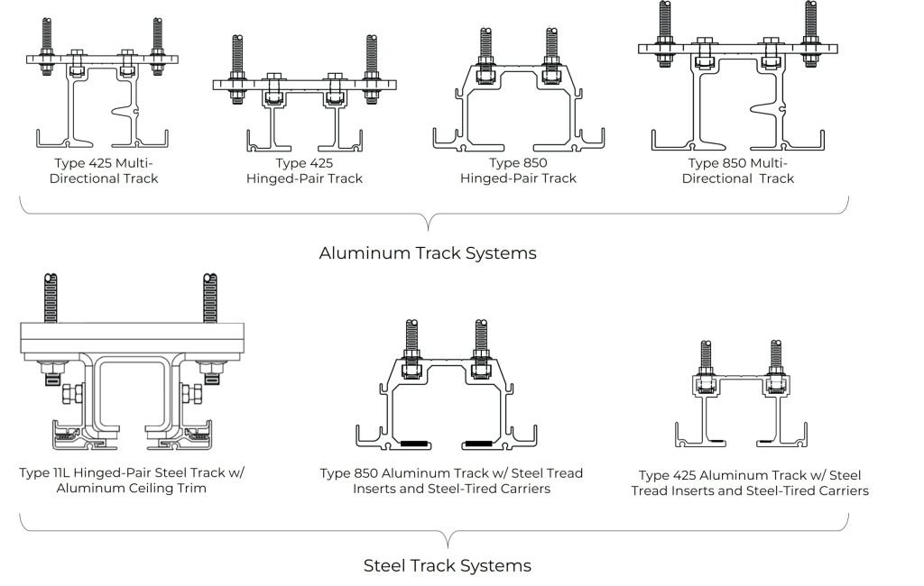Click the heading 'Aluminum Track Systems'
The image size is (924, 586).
(x=428, y=253)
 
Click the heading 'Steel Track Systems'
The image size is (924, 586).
(x=448, y=566)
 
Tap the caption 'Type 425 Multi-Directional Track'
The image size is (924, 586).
(x=104, y=170)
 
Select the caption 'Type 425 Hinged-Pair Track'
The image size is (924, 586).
(x=304, y=170)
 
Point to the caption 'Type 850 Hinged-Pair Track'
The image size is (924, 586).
(x=518, y=170)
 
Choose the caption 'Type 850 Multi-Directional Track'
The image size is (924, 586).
(x=738, y=170)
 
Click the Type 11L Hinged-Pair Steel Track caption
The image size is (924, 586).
(x=132, y=480)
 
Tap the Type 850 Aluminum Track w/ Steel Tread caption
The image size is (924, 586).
(x=451, y=481)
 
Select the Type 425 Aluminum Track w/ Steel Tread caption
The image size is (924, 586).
(x=750, y=483)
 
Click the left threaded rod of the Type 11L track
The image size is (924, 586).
(x=51, y=298)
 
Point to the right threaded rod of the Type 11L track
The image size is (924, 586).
(x=209, y=298)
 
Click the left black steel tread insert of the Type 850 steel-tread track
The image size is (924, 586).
(x=415, y=444)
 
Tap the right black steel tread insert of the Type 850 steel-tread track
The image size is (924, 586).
(x=479, y=444)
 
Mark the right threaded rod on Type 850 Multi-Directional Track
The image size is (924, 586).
(x=811, y=32)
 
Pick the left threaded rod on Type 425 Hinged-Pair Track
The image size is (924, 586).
(x=237, y=69)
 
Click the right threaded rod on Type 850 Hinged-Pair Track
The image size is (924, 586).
(x=551, y=46)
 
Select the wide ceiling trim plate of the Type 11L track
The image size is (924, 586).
(x=132, y=339)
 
